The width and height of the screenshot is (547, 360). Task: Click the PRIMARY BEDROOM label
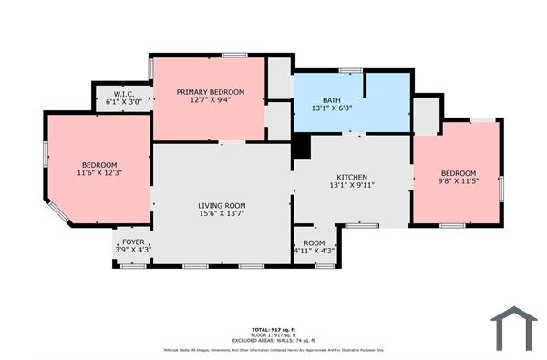(x=211, y=92)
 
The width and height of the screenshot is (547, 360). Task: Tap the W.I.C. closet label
(x=125, y=94)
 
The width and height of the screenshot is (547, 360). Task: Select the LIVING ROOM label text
(x=222, y=206)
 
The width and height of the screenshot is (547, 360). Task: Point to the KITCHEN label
(x=352, y=177)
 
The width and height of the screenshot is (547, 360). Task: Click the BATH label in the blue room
(x=330, y=100)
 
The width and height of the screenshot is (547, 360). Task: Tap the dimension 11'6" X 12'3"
(x=99, y=171)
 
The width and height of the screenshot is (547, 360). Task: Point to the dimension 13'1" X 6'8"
(x=330, y=108)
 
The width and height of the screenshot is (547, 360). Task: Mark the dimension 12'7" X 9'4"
(x=211, y=101)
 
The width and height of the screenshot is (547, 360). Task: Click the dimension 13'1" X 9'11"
(x=352, y=185)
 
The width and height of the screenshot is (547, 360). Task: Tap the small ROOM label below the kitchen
(x=315, y=242)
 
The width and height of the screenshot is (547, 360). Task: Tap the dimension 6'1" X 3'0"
(x=125, y=102)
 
